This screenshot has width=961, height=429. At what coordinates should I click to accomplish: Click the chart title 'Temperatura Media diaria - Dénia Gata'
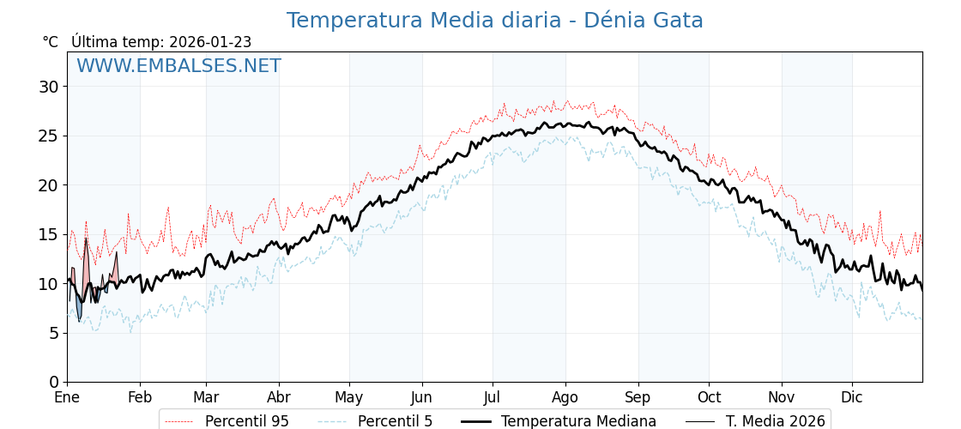(x=494, y=21)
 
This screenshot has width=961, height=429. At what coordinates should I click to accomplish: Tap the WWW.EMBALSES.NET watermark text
(x=178, y=66)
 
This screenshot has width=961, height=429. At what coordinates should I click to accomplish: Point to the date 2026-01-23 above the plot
(x=210, y=42)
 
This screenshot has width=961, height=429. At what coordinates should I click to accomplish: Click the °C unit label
(x=51, y=42)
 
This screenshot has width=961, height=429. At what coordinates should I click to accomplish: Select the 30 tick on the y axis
(x=49, y=87)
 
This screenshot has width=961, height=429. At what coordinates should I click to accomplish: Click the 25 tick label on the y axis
(x=49, y=136)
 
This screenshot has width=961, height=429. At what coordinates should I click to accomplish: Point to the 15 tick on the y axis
(x=49, y=234)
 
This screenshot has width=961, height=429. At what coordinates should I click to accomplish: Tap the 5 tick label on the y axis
(x=54, y=333)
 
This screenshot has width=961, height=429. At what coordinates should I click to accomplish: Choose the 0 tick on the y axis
(x=54, y=382)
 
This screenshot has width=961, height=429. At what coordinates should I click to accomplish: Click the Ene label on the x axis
(x=67, y=398)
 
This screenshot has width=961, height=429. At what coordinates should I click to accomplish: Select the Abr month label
(x=279, y=398)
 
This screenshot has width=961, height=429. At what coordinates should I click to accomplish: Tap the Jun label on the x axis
(x=421, y=398)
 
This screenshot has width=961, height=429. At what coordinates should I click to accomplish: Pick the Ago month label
(x=565, y=398)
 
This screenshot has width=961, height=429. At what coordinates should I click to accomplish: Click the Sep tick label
(x=638, y=398)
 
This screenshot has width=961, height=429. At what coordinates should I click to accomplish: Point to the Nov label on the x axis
(x=781, y=398)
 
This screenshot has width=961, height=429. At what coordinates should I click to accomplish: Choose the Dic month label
(x=851, y=398)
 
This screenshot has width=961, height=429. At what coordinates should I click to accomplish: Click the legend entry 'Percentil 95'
(x=246, y=421)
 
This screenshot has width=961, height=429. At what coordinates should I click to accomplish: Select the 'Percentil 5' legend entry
(x=395, y=421)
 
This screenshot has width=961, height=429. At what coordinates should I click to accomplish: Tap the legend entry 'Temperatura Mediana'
(x=578, y=421)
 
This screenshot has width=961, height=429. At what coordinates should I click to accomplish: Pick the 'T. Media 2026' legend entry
(x=775, y=421)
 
